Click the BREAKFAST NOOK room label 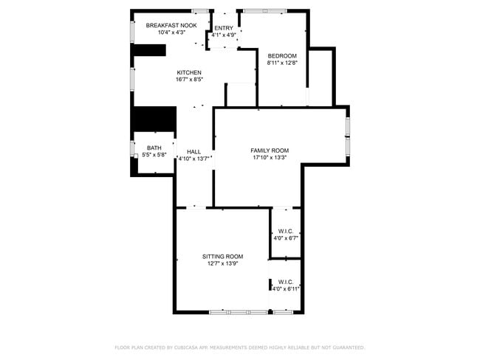pos(171,25)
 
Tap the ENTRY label pos(223,28)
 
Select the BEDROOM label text pos(282,56)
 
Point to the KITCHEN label pos(189,72)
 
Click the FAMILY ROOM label pos(270,150)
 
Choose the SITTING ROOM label pos(223,257)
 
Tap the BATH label pos(154,148)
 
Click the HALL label pos(193,151)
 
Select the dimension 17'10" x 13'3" pos(270,157)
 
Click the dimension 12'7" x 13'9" pos(223,263)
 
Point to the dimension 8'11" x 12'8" pos(282,63)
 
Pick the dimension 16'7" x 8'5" pos(189,80)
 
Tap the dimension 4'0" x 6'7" pos(286,238)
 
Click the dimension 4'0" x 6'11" pos(286,289)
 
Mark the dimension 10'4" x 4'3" pos(171,32)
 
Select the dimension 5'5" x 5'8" pos(154,155)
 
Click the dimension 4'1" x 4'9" pos(223,35)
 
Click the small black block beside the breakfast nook pos(148,50)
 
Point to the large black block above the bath pos(154,119)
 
